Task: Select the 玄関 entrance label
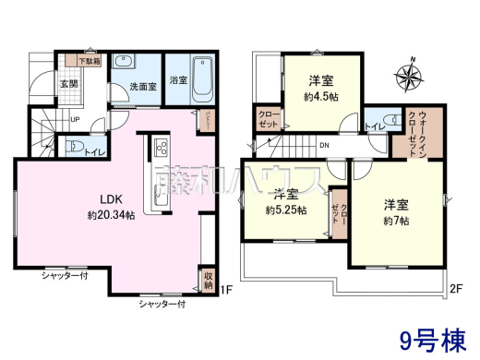click(x=69, y=84)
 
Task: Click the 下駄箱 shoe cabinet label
click(x=89, y=62)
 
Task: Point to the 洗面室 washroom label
click(x=142, y=86)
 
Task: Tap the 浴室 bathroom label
click(x=178, y=80)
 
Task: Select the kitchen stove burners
click(x=158, y=146)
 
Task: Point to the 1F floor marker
click(x=225, y=293)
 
